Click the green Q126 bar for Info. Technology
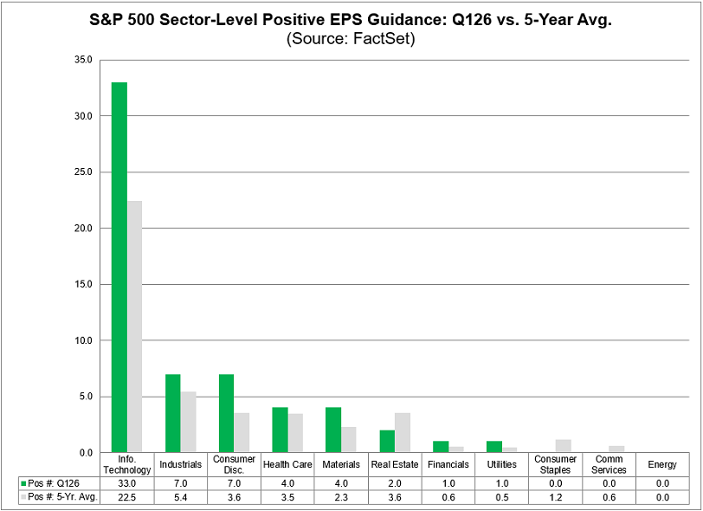(x=119, y=268)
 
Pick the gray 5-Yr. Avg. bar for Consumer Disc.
(x=242, y=432)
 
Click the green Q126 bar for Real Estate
(x=387, y=441)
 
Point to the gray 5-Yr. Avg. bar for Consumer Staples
(x=563, y=446)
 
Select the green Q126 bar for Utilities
(x=493, y=447)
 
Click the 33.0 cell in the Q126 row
(x=127, y=482)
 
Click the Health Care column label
(x=287, y=465)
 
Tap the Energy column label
(x=662, y=465)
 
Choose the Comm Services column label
(x=609, y=465)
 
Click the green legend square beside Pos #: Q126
(x=24, y=482)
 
